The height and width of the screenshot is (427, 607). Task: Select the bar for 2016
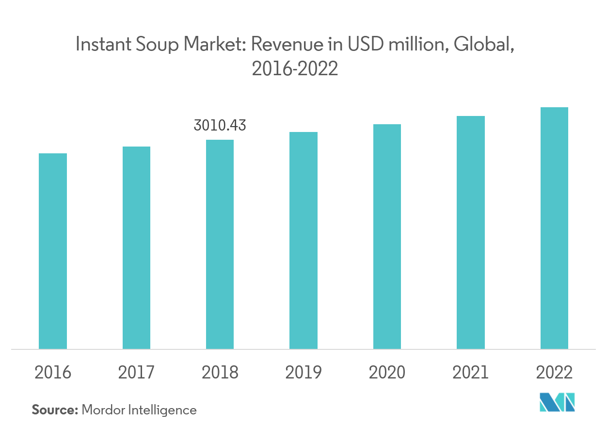pos(53,251)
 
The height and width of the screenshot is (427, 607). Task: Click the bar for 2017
pos(136,247)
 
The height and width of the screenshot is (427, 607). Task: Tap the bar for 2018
pos(220,244)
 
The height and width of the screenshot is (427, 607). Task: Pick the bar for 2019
pos(303,240)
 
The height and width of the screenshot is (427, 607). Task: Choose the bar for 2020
pos(387,236)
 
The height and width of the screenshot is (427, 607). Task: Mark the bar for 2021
pos(470,232)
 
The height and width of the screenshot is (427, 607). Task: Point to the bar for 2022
pos(554,228)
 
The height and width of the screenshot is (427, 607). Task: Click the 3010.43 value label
pos(220,126)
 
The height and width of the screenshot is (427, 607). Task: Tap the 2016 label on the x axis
pos(53,373)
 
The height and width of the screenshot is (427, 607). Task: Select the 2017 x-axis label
pos(136,373)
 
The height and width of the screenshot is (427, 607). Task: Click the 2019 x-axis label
pos(303,373)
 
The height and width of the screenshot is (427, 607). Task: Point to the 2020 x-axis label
pos(387,373)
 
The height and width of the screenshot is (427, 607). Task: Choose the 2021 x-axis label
pos(470,373)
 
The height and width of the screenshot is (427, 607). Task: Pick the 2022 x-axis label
pos(554,373)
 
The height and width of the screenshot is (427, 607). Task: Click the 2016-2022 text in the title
pos(295,69)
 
